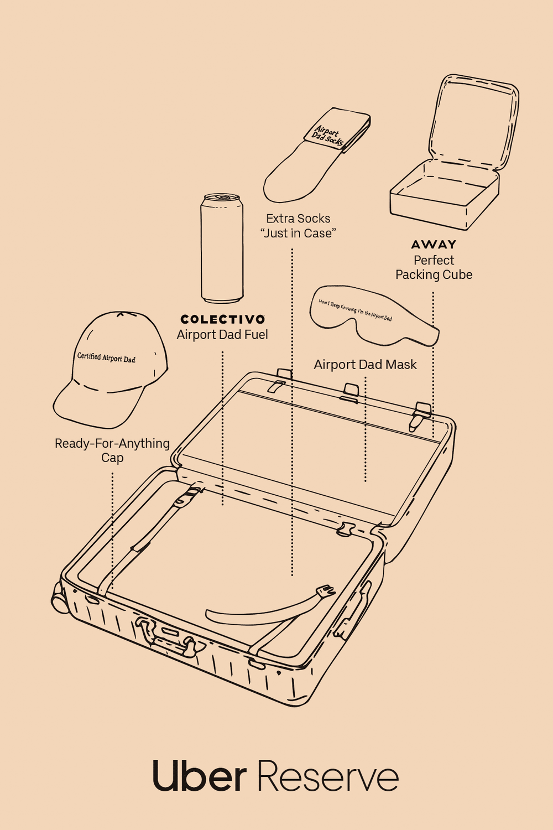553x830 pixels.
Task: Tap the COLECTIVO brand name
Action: click(222, 319)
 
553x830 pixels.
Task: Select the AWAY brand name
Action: click(434, 245)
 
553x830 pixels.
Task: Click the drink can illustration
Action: click(222, 249)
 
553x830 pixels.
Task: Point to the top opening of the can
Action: click(222, 198)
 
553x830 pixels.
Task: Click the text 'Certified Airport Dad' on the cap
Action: click(106, 357)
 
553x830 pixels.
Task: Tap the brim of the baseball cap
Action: click(94, 407)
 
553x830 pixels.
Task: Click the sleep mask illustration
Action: click(371, 315)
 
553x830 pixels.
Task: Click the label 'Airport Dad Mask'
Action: click(365, 365)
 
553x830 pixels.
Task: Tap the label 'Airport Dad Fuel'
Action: click(222, 335)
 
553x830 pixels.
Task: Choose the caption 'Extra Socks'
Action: click(298, 219)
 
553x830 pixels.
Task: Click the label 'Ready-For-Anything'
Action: click(112, 443)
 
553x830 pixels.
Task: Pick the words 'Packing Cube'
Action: click(434, 275)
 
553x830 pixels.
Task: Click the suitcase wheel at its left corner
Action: click(59, 600)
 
